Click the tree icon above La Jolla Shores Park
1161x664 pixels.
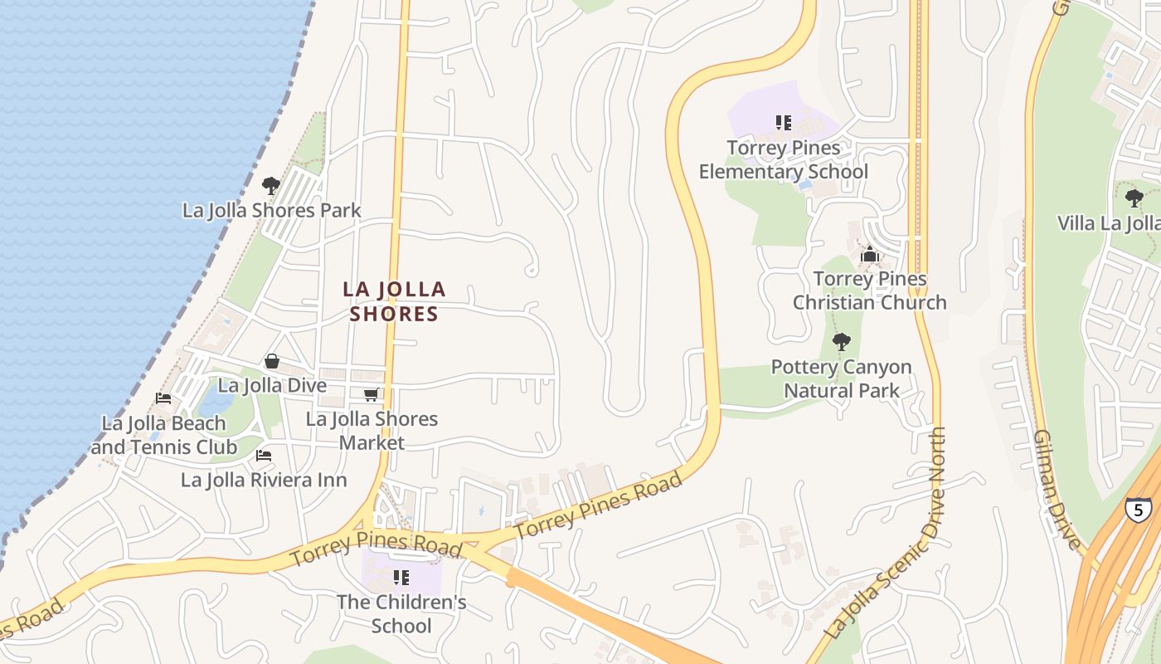click(x=270, y=185)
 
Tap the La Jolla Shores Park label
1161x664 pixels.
click(x=272, y=210)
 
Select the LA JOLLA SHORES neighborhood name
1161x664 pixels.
click(x=394, y=301)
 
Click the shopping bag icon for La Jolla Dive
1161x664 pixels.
click(x=271, y=361)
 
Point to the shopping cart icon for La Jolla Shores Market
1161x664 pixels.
click(x=371, y=395)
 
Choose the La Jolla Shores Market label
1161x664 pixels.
click(x=372, y=430)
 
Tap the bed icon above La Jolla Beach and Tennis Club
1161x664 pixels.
click(x=163, y=398)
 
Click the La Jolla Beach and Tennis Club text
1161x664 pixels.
click(x=164, y=435)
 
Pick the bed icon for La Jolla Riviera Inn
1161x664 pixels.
click(x=264, y=456)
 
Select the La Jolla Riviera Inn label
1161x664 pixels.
click(x=264, y=480)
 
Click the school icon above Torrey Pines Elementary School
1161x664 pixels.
click(x=783, y=123)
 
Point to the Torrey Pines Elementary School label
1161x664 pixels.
click(x=783, y=159)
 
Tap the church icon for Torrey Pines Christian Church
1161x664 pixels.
click(x=869, y=254)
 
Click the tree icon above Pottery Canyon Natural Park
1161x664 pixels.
click(x=841, y=341)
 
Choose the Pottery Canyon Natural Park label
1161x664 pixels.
click(x=841, y=378)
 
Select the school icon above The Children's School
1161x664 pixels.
click(x=401, y=577)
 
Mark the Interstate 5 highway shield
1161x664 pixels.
click(x=1136, y=509)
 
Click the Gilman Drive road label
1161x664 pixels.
click(x=1058, y=490)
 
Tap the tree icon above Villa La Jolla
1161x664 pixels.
click(x=1134, y=198)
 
